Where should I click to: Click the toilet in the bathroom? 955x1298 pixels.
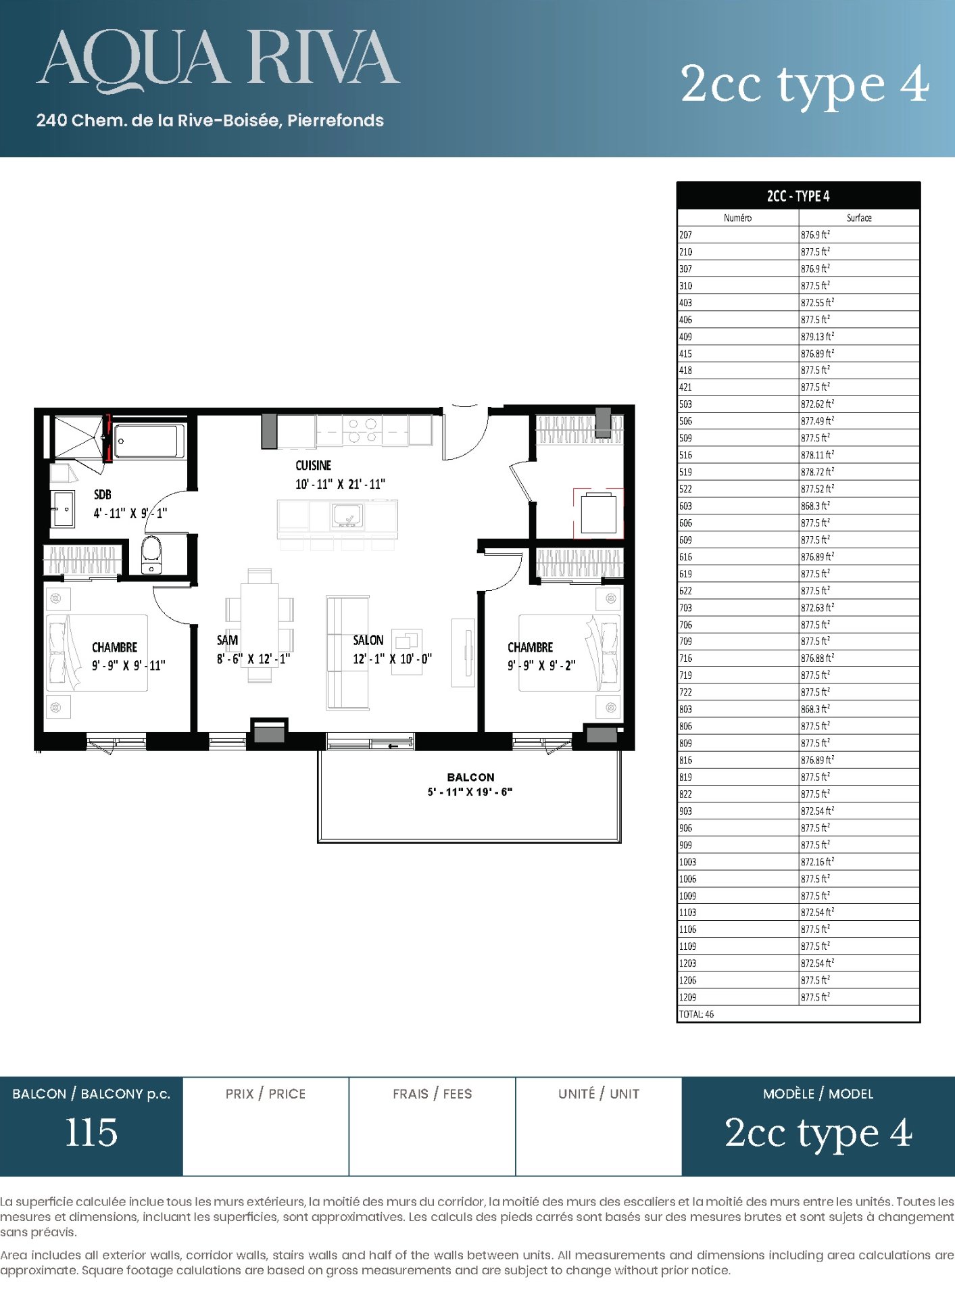click(151, 555)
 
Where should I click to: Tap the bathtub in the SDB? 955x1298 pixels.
click(149, 441)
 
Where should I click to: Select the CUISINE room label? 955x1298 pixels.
click(314, 465)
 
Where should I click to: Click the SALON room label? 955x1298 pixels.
click(368, 640)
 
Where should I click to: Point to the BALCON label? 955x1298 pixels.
click(470, 777)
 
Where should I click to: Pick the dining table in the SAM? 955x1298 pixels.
click(260, 625)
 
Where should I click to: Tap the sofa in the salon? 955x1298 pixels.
click(347, 653)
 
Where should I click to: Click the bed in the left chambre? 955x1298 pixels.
click(97, 652)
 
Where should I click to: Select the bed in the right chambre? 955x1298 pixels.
click(569, 652)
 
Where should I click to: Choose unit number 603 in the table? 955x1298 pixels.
click(685, 506)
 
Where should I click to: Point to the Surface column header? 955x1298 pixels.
click(859, 218)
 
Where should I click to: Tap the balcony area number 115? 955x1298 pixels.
click(91, 1132)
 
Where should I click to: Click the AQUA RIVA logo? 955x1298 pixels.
click(218, 59)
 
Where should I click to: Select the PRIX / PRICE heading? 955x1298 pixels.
click(266, 1094)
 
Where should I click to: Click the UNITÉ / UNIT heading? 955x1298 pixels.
click(599, 1094)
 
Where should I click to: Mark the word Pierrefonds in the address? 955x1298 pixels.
click(335, 120)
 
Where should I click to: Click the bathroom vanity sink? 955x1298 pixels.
click(63, 508)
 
